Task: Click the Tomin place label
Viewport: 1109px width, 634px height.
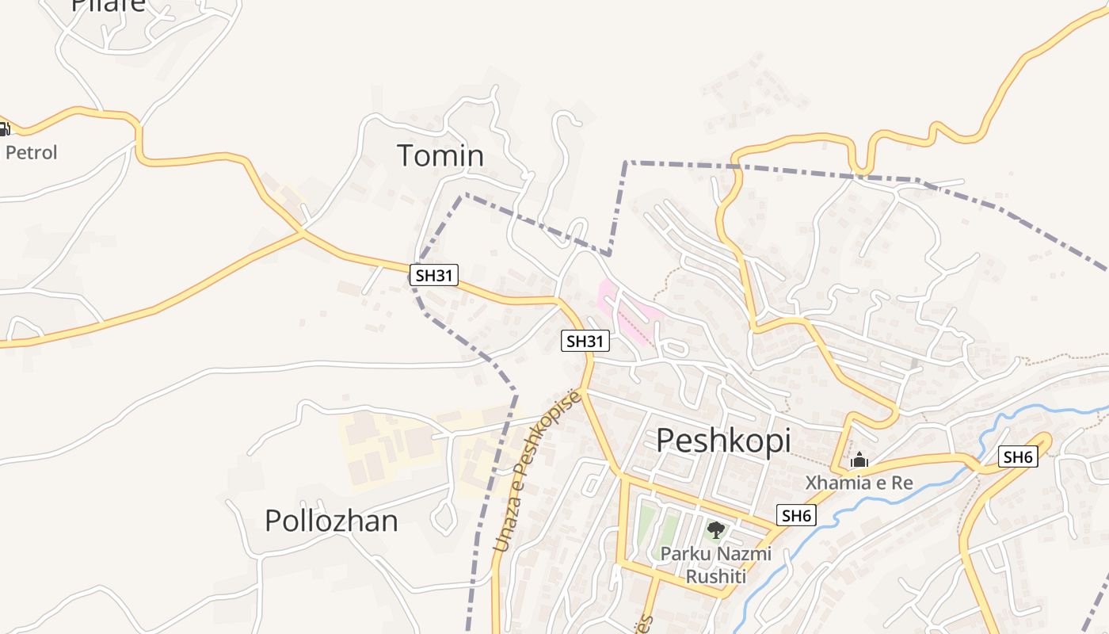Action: [x=440, y=155]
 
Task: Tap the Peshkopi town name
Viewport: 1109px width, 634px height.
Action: [x=723, y=440]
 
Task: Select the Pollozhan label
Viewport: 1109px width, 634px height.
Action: [x=331, y=521]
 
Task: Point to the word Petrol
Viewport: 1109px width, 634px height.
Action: [x=32, y=152]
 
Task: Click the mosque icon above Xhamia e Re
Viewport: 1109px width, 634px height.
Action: [x=859, y=460]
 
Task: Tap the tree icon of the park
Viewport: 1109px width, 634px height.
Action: [x=716, y=530]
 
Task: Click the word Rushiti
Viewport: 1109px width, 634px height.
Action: [x=716, y=576]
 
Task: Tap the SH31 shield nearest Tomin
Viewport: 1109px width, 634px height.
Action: [x=434, y=275]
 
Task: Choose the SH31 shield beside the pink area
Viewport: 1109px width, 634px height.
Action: [x=585, y=342]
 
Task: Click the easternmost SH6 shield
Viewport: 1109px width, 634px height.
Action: [x=1018, y=456]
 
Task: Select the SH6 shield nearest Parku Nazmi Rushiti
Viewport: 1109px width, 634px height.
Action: [x=796, y=516]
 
